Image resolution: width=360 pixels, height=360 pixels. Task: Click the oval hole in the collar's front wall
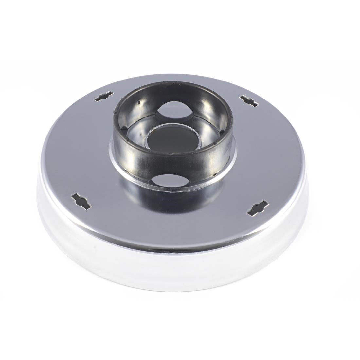(x=167, y=180)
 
